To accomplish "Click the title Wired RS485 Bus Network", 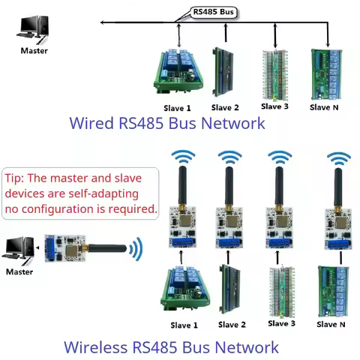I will [166, 123].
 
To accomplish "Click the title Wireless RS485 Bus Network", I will [171, 347].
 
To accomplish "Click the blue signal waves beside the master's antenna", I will [135, 248].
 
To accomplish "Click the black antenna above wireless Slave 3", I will [280, 186].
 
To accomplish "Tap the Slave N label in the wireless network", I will [331, 324].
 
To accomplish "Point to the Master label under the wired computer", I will [33, 51].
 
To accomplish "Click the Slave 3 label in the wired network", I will [274, 106].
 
